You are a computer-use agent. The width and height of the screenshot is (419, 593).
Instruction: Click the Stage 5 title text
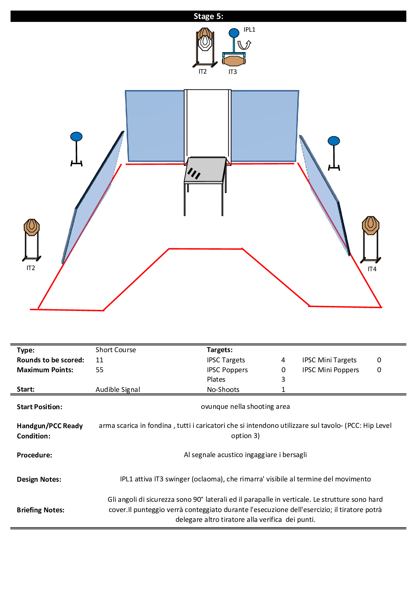pos(208,17)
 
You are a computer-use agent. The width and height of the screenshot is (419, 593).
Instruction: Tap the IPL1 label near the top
pos(249,30)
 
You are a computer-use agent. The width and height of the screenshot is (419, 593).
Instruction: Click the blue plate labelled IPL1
pos(234,33)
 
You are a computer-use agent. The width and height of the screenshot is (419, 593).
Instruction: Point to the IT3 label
pos(233,72)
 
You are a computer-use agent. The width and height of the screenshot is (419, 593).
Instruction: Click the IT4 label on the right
pos(372,269)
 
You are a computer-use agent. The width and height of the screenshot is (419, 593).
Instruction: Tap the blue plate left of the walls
pos(76,137)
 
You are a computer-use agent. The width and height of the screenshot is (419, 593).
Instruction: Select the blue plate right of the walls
pos(334,141)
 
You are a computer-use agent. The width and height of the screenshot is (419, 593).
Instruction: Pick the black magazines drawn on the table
pos(194,173)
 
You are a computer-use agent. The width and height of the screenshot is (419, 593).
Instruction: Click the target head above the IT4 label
pos(370,225)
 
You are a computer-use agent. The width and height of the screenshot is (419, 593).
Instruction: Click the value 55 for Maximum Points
pos(100,370)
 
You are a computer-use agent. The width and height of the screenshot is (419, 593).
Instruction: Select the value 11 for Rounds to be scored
pos(100,360)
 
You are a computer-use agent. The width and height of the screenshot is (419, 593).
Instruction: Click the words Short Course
pos(116,350)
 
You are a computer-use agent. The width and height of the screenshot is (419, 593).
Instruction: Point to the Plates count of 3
pos(283,379)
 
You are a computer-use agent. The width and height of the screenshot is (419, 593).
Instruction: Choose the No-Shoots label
pos(223,389)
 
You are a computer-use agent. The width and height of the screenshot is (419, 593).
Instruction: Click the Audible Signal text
pos(118,389)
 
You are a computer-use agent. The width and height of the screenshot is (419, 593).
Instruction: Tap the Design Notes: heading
pos(39,479)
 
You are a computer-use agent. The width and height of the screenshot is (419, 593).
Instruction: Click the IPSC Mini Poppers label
pos(330,370)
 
